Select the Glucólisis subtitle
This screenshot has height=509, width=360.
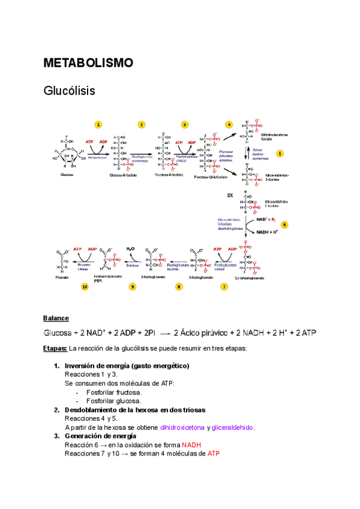click(70, 91)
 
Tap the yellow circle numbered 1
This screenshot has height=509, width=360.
click(98, 124)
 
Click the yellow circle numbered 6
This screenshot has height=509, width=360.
click(284, 224)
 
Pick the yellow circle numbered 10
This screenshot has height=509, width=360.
click(85, 287)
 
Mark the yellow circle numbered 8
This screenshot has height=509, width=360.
click(178, 287)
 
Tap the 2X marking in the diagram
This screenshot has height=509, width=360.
click(230, 195)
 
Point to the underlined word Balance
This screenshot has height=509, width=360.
click(56, 318)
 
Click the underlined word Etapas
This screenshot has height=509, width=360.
click(55, 348)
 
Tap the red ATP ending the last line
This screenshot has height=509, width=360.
click(214, 454)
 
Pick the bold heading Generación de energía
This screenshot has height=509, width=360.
click(104, 436)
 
